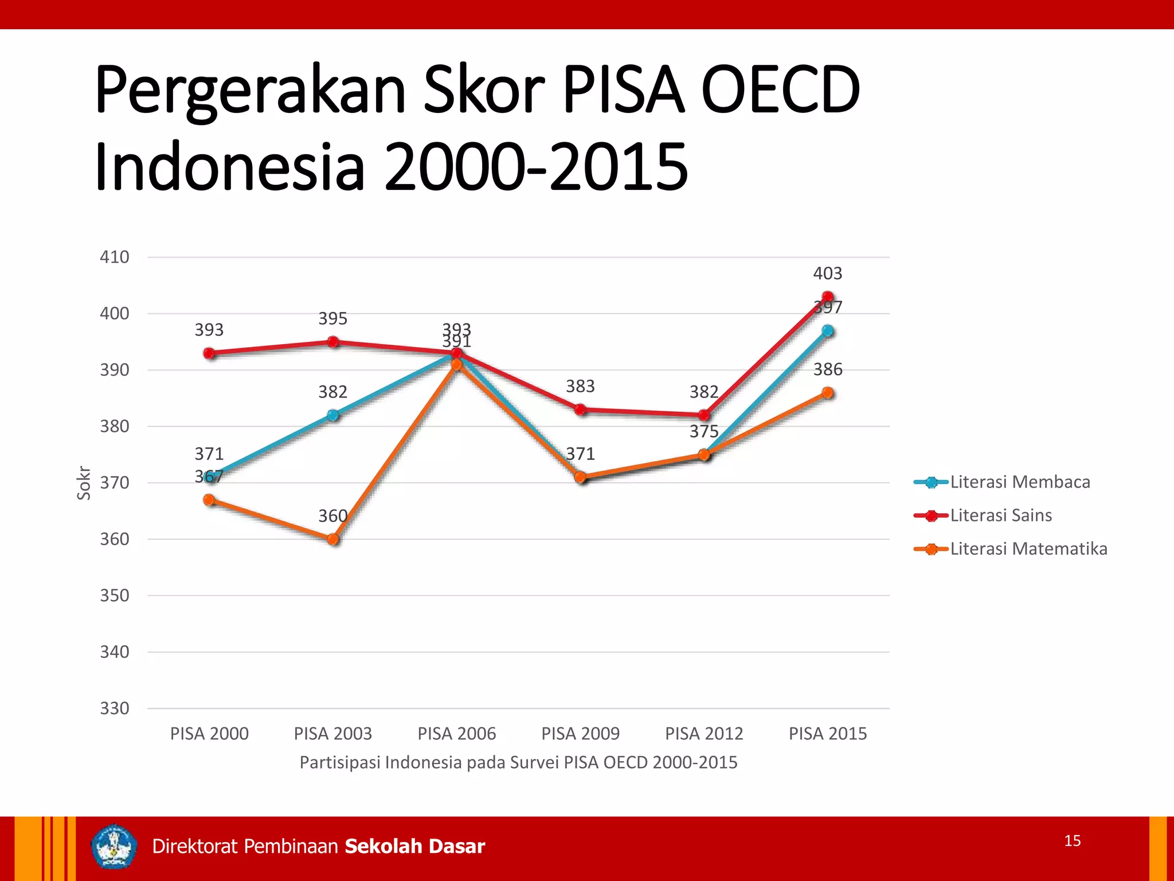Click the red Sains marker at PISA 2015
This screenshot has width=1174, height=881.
point(827,297)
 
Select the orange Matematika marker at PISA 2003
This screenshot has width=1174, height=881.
point(333,539)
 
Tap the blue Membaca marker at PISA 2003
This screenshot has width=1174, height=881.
point(333,415)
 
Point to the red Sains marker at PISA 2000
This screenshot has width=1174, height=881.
point(209,353)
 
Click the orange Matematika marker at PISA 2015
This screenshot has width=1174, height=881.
point(827,393)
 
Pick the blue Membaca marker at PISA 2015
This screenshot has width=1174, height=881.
point(827,331)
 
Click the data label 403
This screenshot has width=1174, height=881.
point(827,274)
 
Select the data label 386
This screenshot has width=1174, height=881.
point(827,369)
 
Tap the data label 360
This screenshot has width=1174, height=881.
point(332,516)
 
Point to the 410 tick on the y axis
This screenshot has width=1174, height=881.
point(115,257)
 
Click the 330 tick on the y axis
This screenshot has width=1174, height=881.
point(115,708)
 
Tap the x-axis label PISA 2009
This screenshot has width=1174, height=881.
point(580,734)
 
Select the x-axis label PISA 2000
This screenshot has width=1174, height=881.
point(209,734)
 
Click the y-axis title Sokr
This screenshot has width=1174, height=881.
point(84,483)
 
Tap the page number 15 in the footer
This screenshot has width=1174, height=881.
point(1072,841)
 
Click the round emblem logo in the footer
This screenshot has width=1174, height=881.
point(114,847)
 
